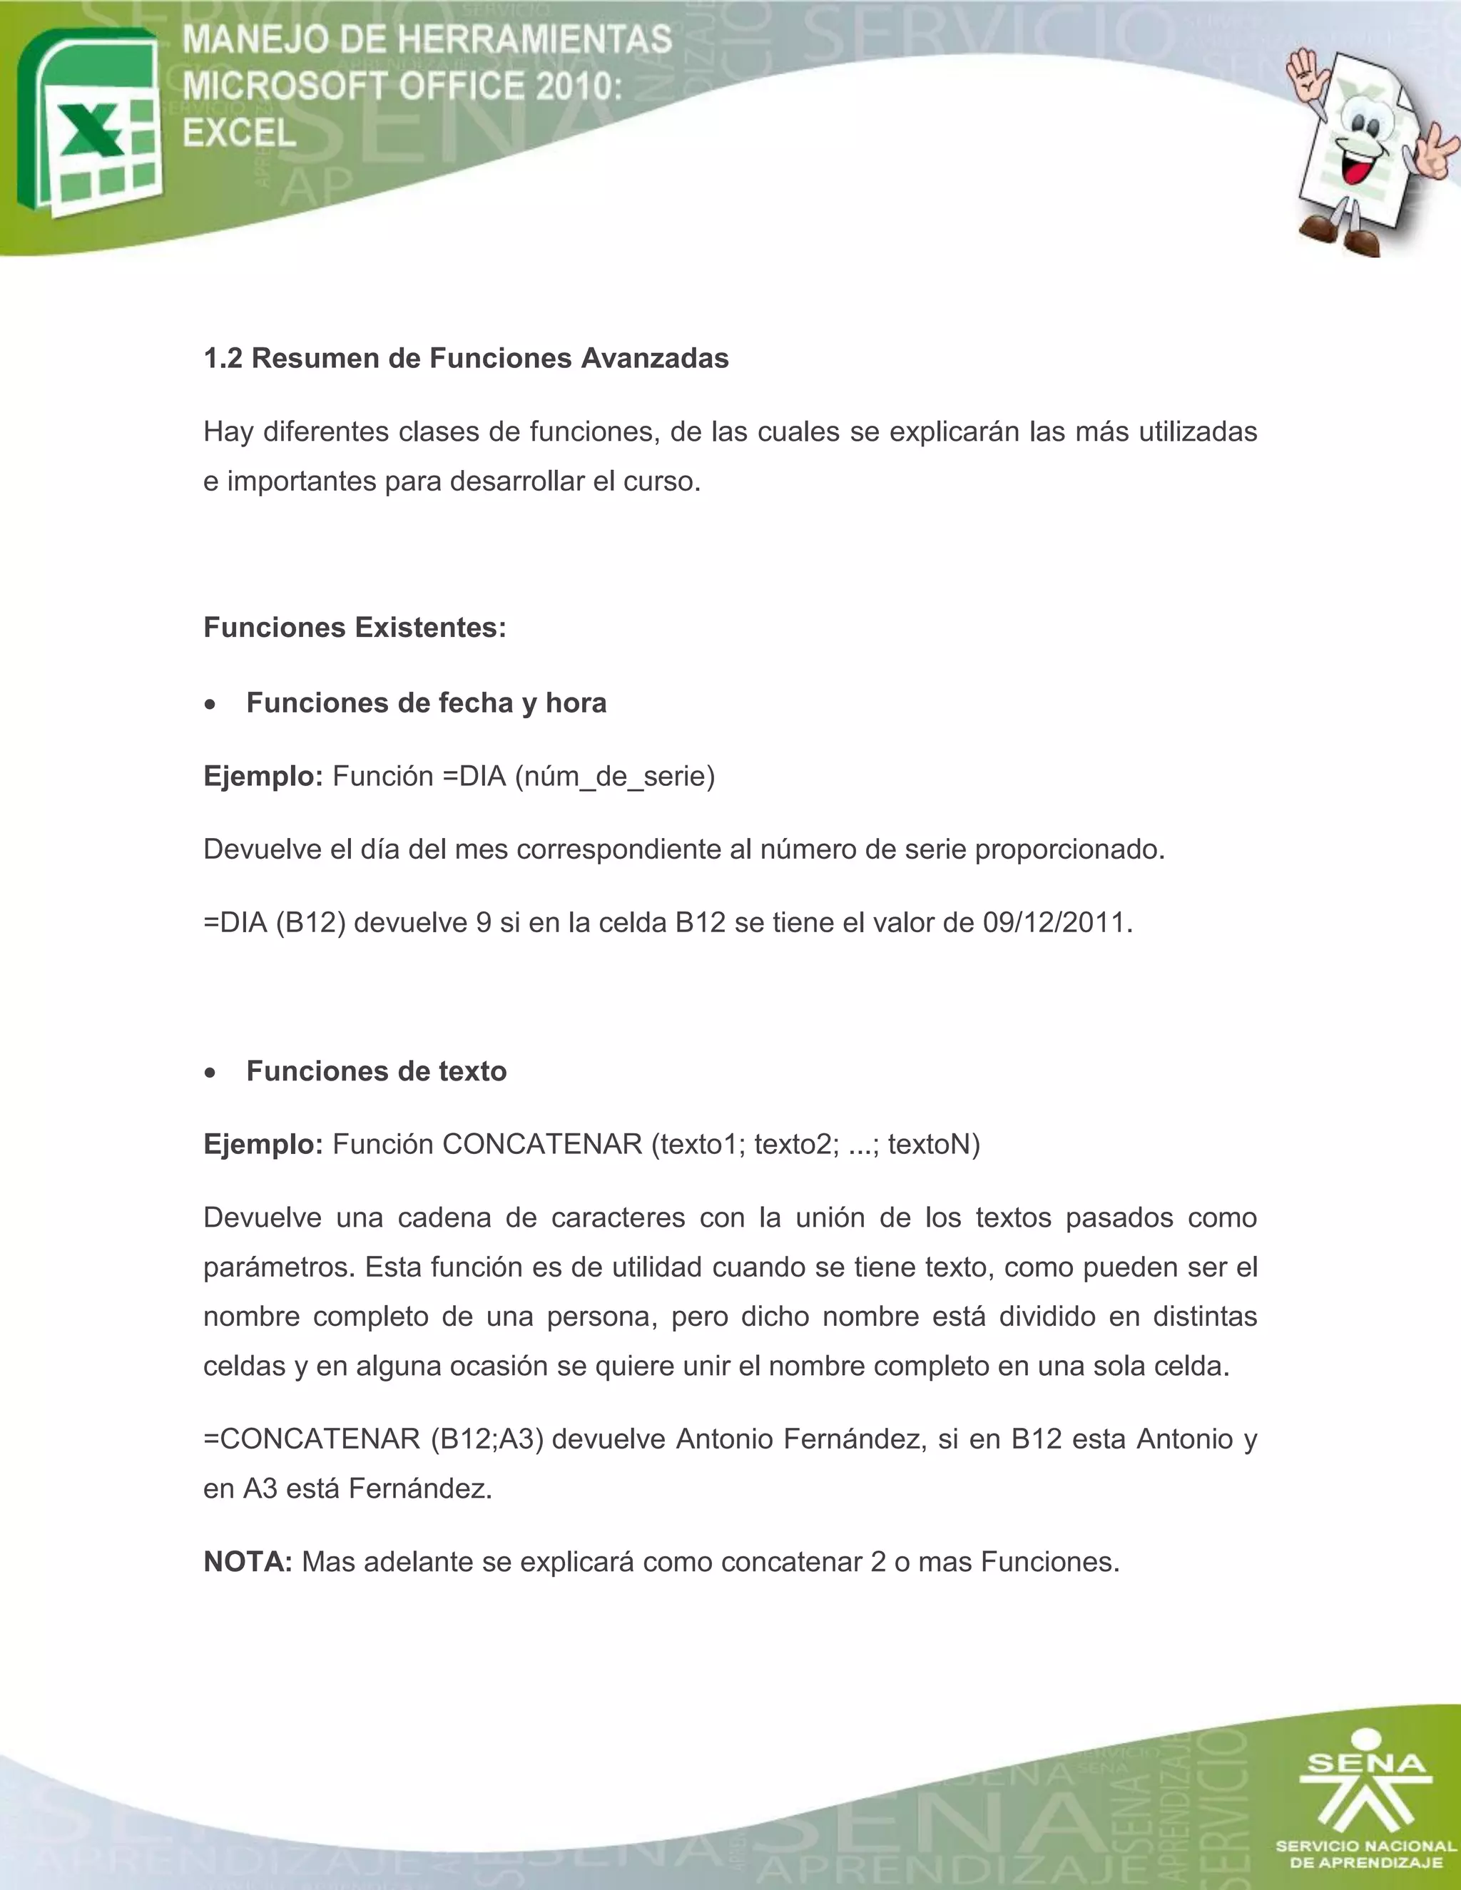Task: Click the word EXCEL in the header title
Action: click(239, 133)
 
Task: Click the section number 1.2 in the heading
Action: click(223, 358)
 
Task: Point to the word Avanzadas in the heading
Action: click(654, 358)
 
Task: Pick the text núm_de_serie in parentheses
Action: click(614, 776)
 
